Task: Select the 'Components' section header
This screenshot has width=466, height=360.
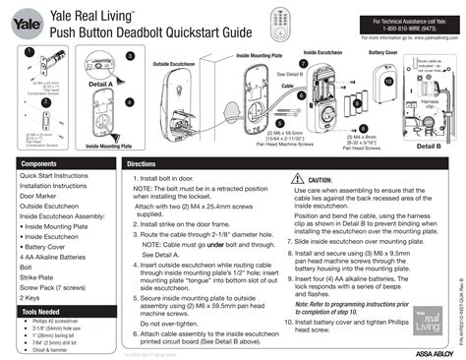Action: click(39, 163)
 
